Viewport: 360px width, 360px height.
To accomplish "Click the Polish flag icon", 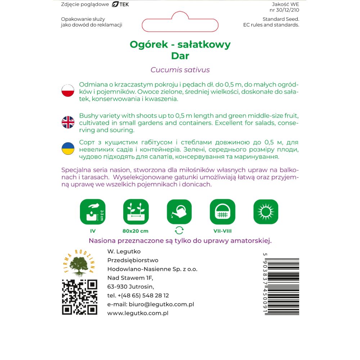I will pyautogui.click(x=68, y=91).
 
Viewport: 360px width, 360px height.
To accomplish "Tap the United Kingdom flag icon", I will pyautogui.click(x=68, y=122).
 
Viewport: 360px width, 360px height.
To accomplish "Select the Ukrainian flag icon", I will pyautogui.click(x=68, y=148).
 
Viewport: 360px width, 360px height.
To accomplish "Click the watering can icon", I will pyautogui.click(x=179, y=212).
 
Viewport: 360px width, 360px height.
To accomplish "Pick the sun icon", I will pyautogui.click(x=266, y=212).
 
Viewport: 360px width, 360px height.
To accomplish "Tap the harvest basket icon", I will pyautogui.click(x=222, y=212).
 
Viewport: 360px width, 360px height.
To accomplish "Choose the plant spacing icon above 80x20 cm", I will pyautogui.click(x=136, y=212).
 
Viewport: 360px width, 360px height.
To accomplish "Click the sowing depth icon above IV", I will pyautogui.click(x=93, y=212).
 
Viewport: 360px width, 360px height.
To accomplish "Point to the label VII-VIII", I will pyautogui.click(x=222, y=231).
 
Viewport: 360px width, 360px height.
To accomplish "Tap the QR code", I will pyautogui.click(x=80, y=297).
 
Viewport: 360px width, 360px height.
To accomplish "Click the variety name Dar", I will pyautogui.click(x=180, y=56).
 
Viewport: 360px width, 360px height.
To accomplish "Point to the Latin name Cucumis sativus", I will pyautogui.click(x=180, y=70).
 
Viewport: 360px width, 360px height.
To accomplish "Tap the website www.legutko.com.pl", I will pyautogui.click(x=138, y=313).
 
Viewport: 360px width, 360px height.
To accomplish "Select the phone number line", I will pyautogui.click(x=138, y=296).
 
